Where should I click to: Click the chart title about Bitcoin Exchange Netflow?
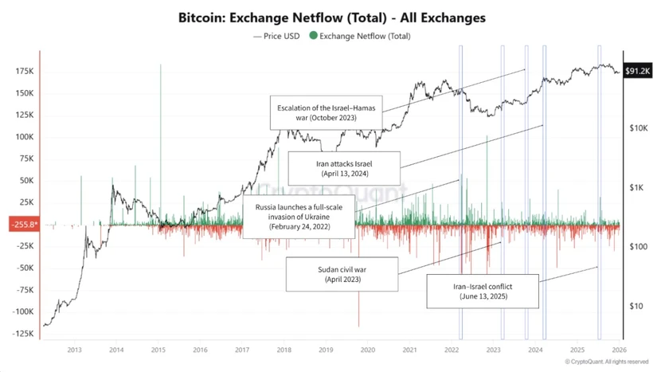pyautogui.click(x=330, y=17)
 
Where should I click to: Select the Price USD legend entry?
pyautogui.click(x=276, y=36)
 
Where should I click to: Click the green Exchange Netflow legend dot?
pyautogui.click(x=314, y=36)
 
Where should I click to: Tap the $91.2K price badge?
pyautogui.click(x=638, y=71)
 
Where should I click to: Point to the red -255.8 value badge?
pyautogui.click(x=22, y=225)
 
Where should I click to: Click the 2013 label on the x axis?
pyautogui.click(x=74, y=350)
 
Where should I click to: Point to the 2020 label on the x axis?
pyautogui.click(x=368, y=350)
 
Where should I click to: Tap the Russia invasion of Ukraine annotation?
pyautogui.click(x=299, y=216)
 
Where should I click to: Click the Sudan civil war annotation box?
pyautogui.click(x=343, y=275)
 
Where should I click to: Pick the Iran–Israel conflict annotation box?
pyautogui.click(x=483, y=291)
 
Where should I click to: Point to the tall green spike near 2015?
pyautogui.click(x=161, y=119)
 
